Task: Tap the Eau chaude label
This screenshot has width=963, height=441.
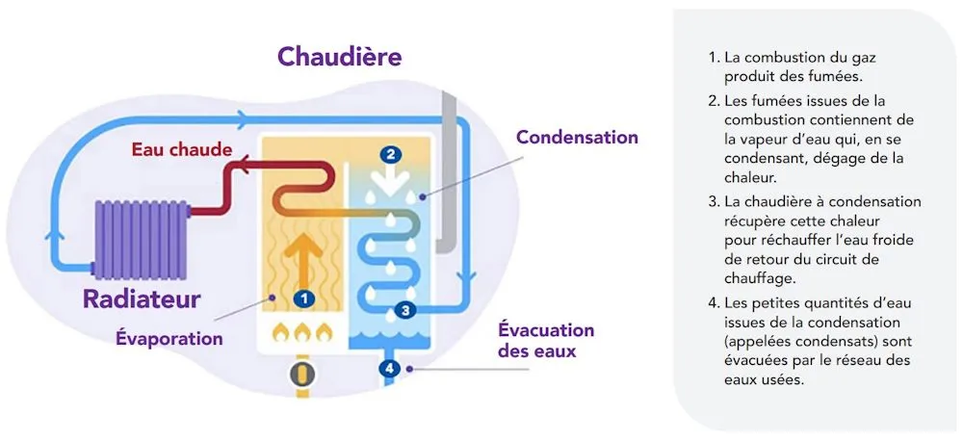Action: click(x=182, y=149)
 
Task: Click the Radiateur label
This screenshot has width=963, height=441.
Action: click(x=142, y=298)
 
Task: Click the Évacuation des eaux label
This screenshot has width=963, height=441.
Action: click(x=546, y=341)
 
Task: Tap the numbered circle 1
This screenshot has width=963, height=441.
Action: click(x=304, y=298)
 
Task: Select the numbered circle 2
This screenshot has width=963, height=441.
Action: click(x=390, y=154)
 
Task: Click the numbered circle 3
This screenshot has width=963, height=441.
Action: click(x=405, y=310)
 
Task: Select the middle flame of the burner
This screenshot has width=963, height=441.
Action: click(x=304, y=333)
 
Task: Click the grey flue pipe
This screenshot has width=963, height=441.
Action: click(x=447, y=173)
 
